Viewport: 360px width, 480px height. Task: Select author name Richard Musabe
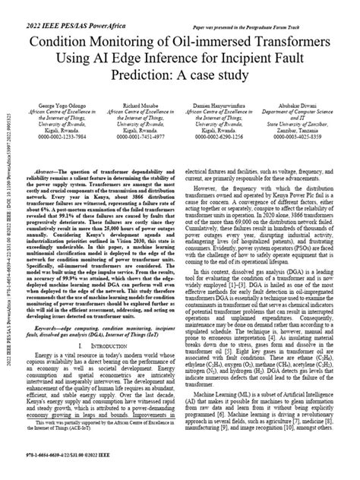coord(141,101)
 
